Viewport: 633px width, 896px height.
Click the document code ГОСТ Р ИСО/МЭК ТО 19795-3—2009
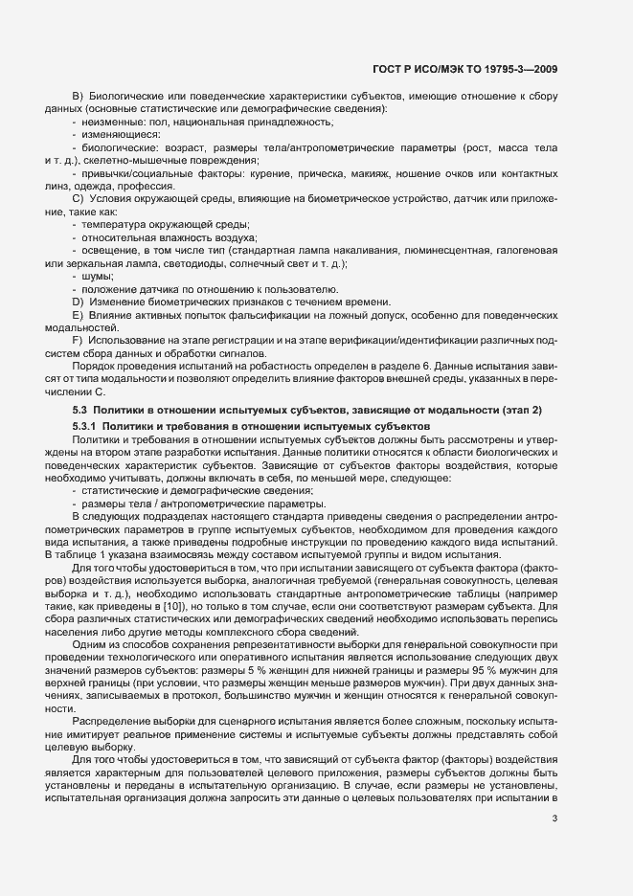pyautogui.click(x=464, y=69)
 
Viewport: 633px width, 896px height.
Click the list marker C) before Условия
pyautogui.click(x=79, y=197)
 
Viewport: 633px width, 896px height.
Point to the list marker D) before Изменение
pyautogui.click(x=79, y=302)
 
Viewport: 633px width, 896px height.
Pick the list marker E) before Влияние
pyautogui.click(x=79, y=315)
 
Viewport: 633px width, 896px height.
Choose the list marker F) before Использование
pyautogui.click(x=79, y=340)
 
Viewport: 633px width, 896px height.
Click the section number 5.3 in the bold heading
pyautogui.click(x=80, y=410)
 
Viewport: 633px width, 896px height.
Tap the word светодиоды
pyautogui.click(x=219, y=262)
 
